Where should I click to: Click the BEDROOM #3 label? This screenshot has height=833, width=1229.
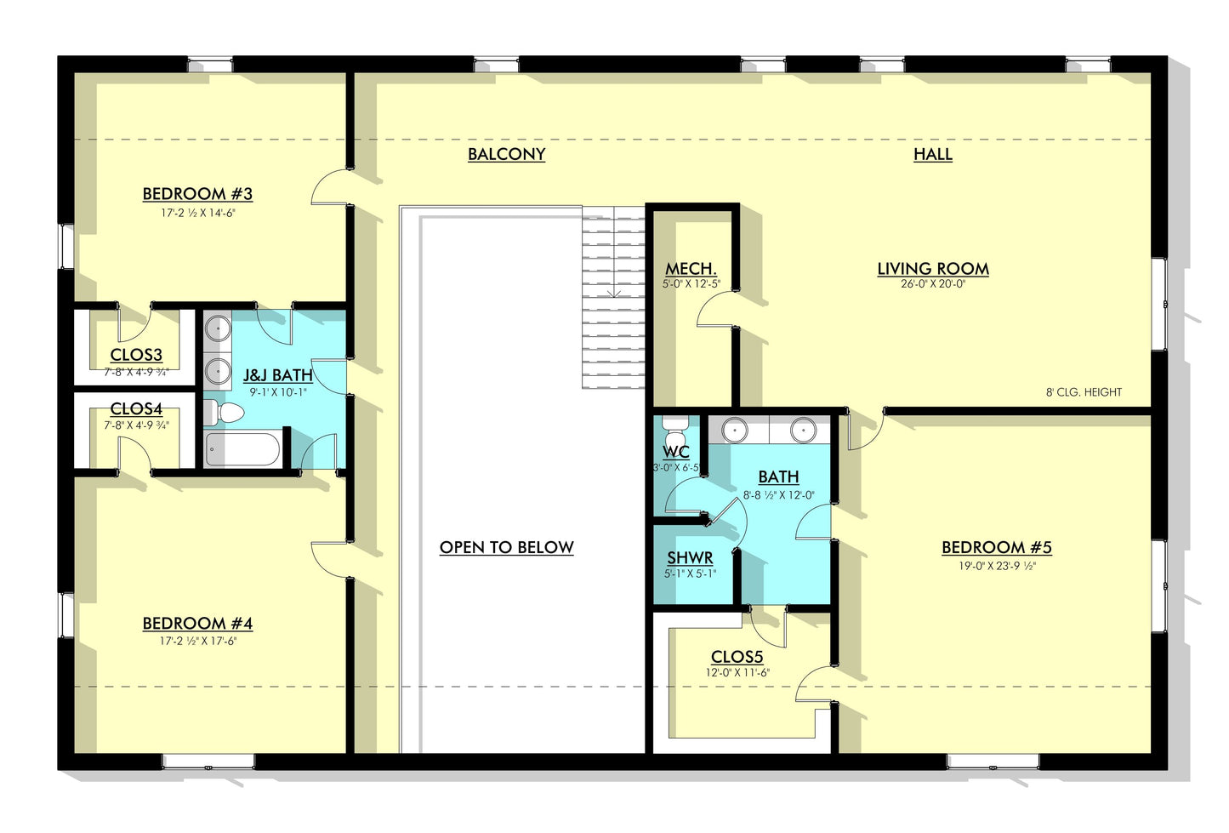click(197, 194)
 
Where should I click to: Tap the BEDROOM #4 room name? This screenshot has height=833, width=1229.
click(197, 624)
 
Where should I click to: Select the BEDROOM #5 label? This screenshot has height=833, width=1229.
click(996, 547)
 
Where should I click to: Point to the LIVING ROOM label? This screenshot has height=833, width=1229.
click(933, 269)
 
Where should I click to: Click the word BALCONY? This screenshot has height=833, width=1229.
click(506, 154)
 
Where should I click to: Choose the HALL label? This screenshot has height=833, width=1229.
click(932, 154)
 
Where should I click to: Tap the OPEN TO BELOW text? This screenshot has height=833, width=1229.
click(506, 547)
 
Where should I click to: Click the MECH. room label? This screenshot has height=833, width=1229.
click(691, 269)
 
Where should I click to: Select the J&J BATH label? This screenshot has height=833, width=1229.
click(277, 375)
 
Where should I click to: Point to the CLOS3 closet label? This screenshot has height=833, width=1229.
click(136, 355)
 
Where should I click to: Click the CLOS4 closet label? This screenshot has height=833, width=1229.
click(136, 409)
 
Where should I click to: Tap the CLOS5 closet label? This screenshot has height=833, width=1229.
click(737, 657)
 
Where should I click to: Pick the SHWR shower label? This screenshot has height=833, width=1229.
click(690, 558)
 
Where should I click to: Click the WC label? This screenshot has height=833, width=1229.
click(676, 452)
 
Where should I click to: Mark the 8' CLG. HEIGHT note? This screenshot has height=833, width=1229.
click(1084, 392)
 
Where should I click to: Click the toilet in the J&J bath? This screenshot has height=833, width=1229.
click(225, 414)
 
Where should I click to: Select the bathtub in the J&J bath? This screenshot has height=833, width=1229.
click(242, 449)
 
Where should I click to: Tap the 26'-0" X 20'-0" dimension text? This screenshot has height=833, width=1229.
click(933, 284)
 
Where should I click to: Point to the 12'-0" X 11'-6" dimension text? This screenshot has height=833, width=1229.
click(737, 672)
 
